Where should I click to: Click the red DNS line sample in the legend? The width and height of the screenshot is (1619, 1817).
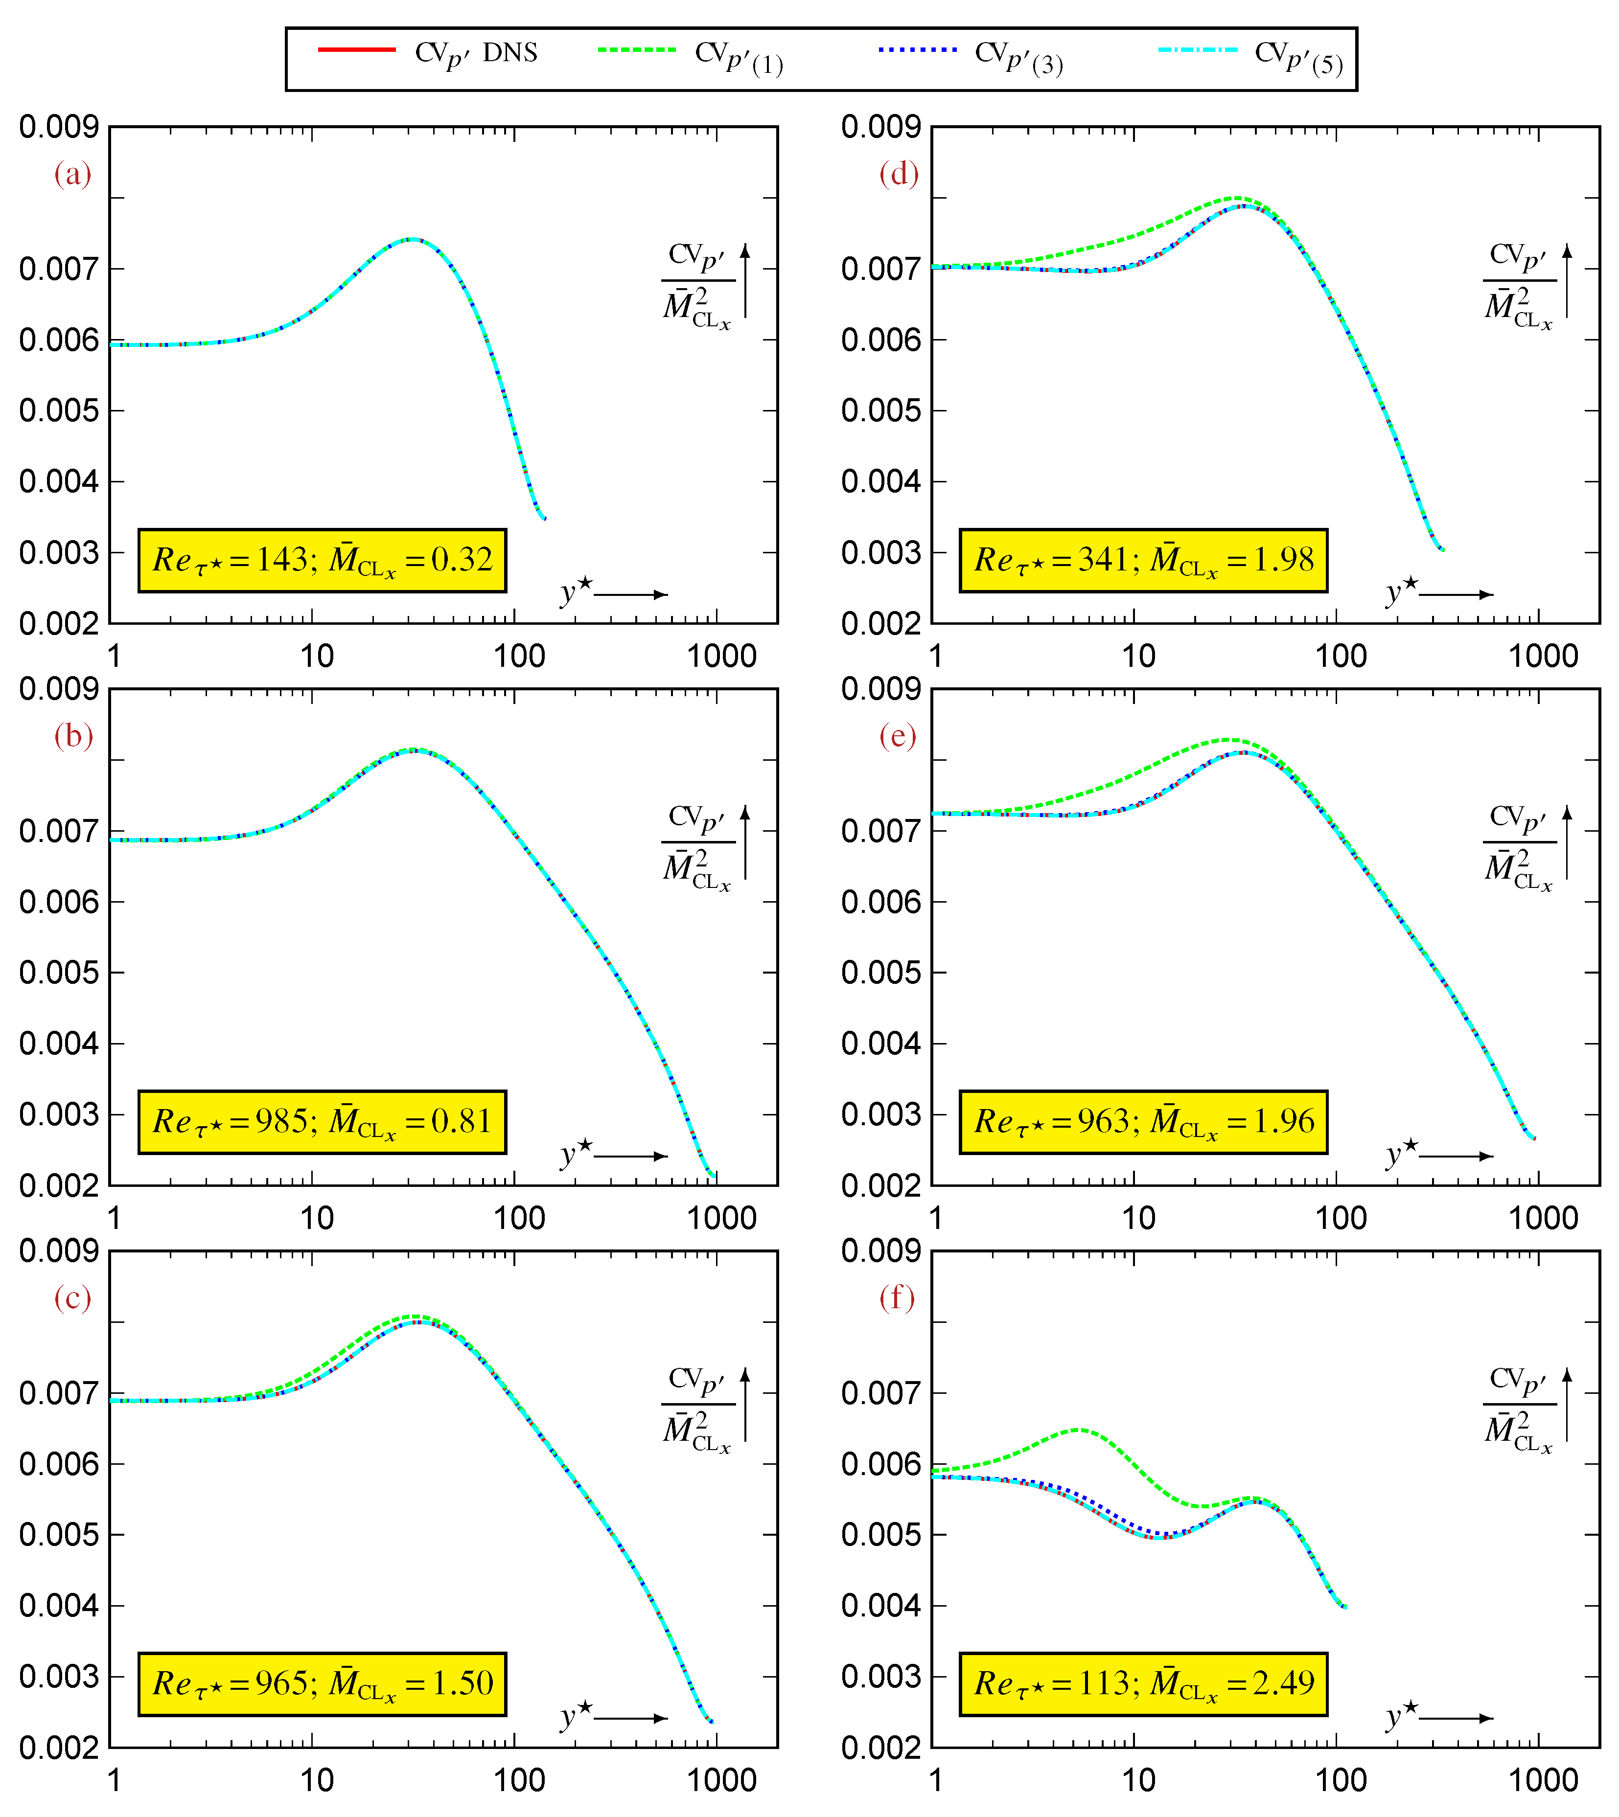tap(357, 50)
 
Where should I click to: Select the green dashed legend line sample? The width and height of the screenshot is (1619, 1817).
tap(637, 50)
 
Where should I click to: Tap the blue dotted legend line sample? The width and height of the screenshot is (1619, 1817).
tap(917, 50)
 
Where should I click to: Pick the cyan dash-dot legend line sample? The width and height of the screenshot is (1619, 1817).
tap(1197, 50)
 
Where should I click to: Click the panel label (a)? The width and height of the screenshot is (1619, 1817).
tap(73, 173)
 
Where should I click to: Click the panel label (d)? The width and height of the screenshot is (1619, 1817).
tap(899, 173)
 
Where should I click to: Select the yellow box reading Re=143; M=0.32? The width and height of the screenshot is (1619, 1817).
tap(322, 560)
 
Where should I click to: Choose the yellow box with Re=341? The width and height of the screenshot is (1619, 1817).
tap(1143, 560)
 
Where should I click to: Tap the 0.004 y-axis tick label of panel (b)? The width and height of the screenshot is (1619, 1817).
tap(59, 1043)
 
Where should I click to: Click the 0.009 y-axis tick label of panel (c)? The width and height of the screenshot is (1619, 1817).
tap(59, 1250)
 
